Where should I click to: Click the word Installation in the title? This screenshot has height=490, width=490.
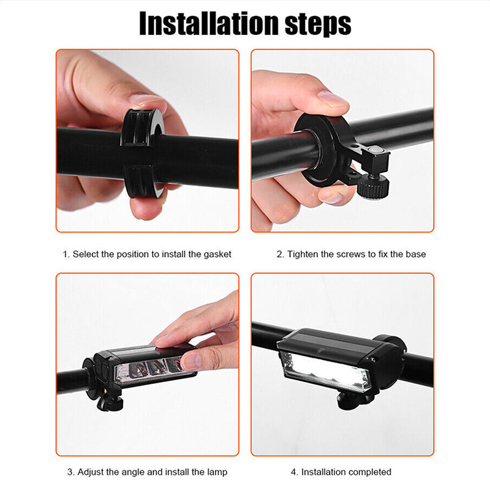[209, 24]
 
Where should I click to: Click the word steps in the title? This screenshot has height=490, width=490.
[318, 25]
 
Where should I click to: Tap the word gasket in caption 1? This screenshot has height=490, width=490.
[217, 254]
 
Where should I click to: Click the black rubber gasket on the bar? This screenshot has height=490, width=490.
[141, 153]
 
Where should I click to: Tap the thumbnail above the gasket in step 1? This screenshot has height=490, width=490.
[146, 99]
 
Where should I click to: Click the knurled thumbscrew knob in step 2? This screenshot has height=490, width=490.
[373, 187]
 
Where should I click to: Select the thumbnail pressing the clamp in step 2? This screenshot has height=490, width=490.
[332, 99]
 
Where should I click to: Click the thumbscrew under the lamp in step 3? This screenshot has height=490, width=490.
[109, 403]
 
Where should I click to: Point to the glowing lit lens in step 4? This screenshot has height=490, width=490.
[326, 371]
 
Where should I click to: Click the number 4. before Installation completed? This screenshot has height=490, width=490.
[295, 472]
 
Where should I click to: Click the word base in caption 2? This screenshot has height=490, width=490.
[415, 254]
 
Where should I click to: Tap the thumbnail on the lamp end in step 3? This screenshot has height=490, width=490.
[190, 361]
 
